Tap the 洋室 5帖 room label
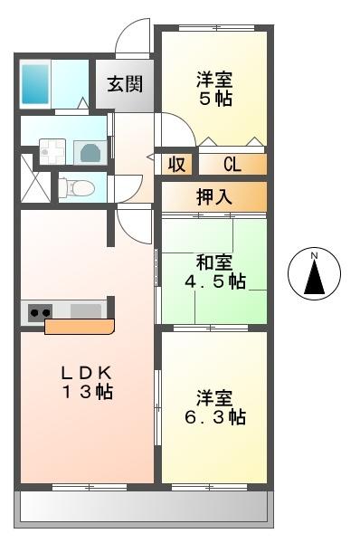(214, 88)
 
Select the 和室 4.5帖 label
(215, 271)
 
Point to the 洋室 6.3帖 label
(215, 407)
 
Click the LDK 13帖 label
(87, 382)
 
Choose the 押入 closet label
(213, 196)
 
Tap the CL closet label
(232, 165)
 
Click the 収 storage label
(176, 165)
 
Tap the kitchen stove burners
(40, 312)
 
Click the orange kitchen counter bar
(80, 326)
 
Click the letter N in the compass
(314, 257)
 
